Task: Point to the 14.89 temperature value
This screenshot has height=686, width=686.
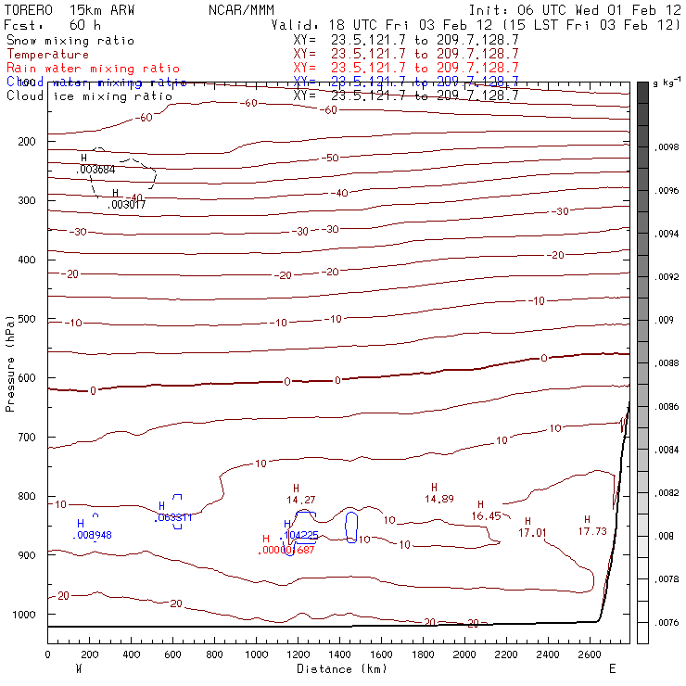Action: [438, 499]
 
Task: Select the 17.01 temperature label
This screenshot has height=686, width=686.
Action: [532, 533]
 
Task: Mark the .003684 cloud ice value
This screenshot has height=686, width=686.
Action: [95, 170]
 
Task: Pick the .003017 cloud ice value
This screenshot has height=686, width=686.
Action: [127, 204]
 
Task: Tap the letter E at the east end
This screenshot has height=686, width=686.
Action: [612, 668]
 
